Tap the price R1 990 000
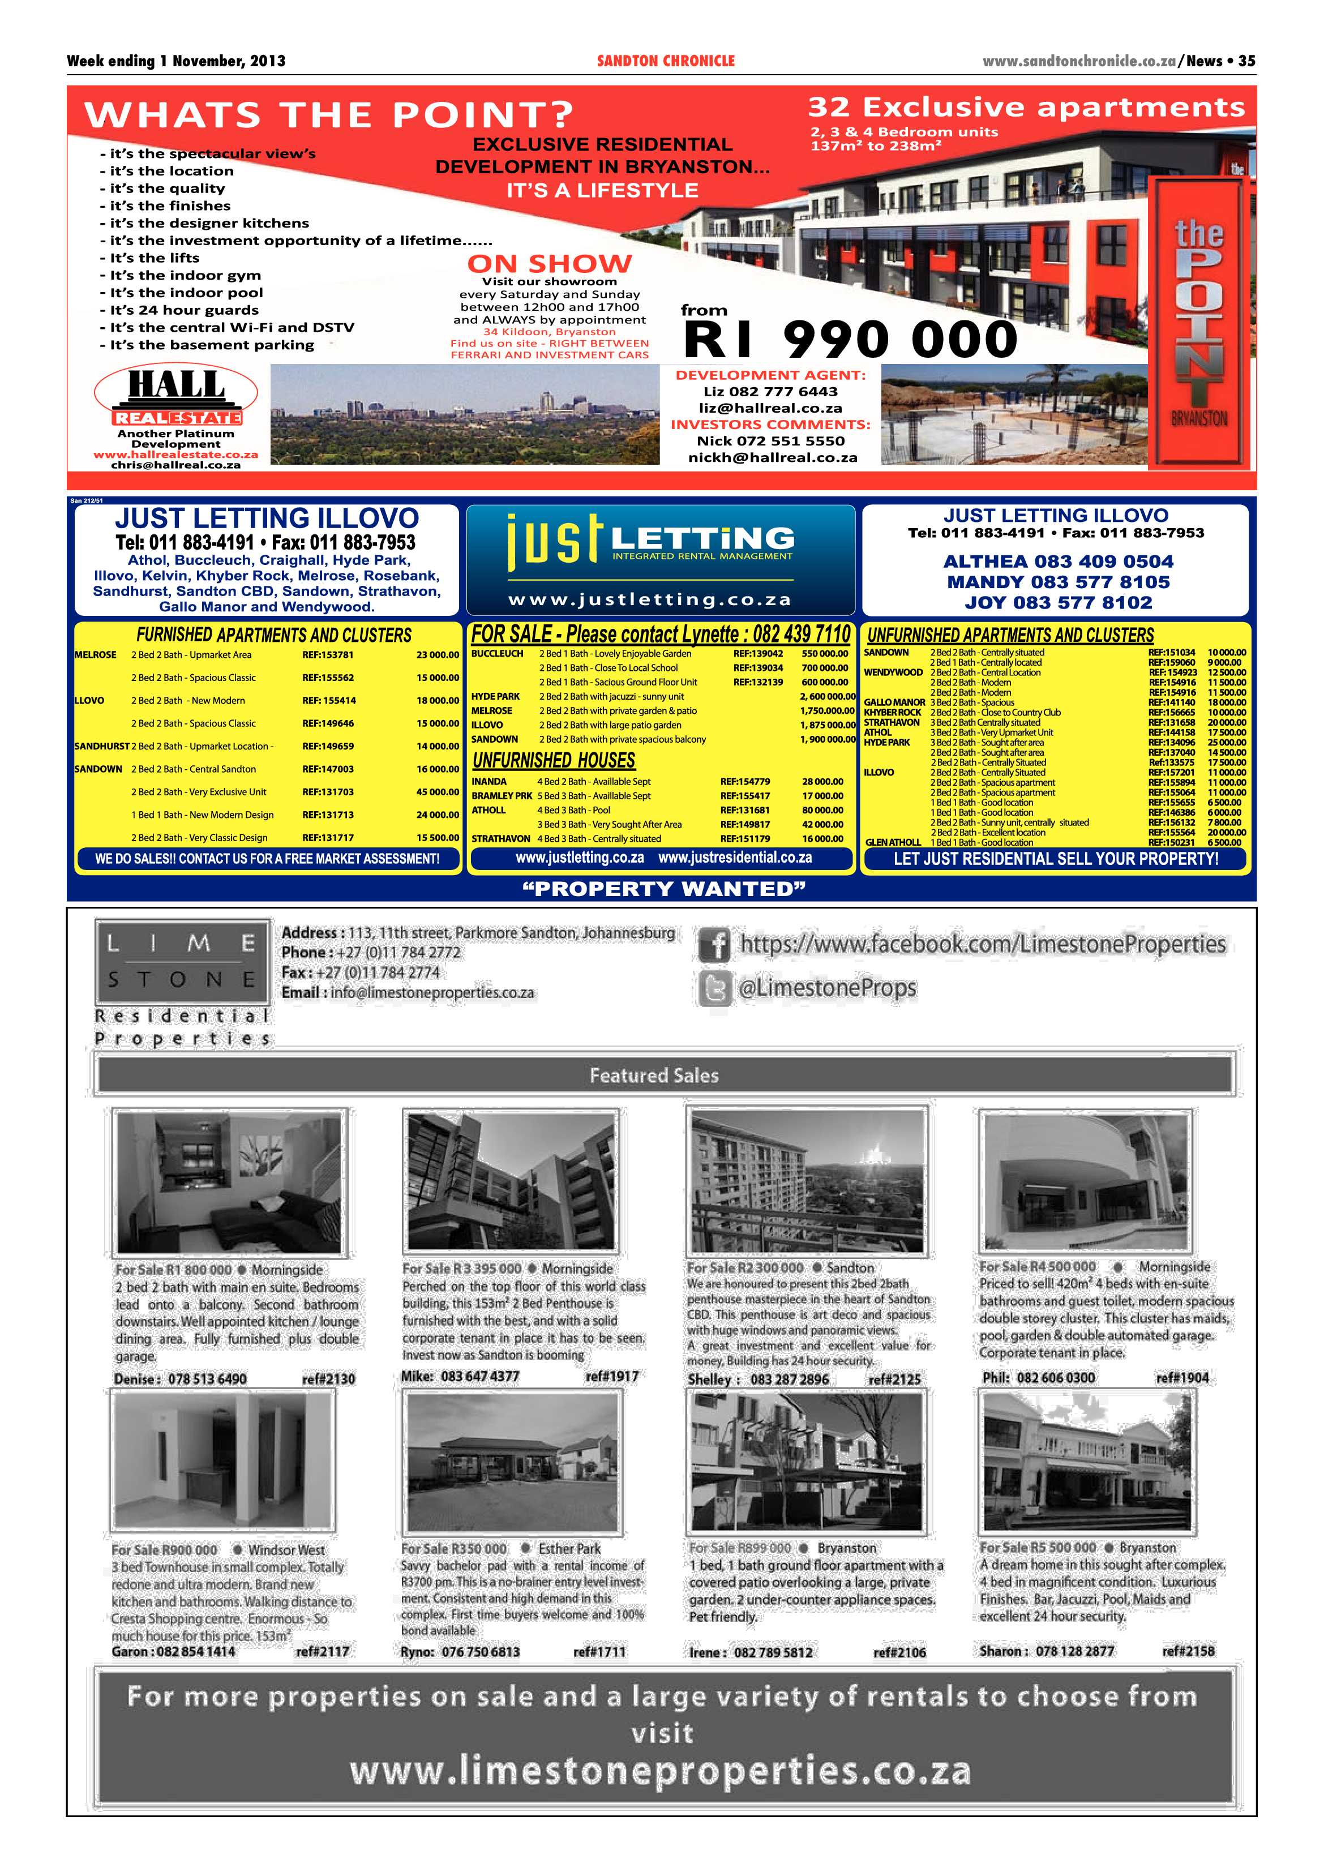pos(850,339)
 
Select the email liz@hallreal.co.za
pos(770,408)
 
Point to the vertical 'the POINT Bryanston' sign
pos(1198,326)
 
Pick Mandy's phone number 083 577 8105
pos(1058,582)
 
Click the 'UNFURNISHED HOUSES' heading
pos(554,761)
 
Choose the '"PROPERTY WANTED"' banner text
pos(663,889)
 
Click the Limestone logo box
pos(181,961)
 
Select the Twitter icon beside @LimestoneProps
pos(715,989)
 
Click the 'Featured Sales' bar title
pos(654,1076)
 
